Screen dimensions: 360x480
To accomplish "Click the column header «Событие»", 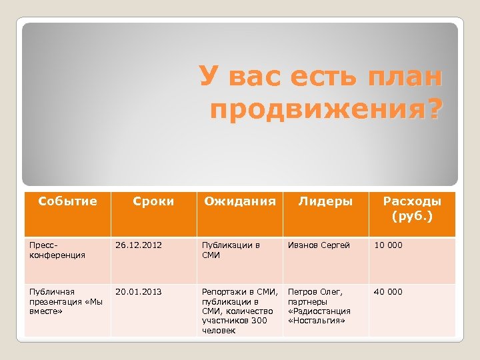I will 67,201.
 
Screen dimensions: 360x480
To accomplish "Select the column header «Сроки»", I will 153,201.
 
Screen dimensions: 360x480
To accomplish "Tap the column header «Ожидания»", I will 239,201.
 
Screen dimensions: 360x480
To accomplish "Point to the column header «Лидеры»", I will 325,201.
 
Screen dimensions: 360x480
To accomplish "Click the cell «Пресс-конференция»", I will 57,250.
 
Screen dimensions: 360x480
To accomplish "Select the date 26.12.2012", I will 138,245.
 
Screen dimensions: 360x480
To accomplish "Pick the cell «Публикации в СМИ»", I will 230,250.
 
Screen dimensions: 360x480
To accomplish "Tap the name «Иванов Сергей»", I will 319,245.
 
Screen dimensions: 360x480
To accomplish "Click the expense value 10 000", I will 388,245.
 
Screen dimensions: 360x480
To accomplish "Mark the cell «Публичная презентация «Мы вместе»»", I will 61,301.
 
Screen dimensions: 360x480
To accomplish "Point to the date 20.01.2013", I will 138,291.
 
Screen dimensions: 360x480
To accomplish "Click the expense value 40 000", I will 388,291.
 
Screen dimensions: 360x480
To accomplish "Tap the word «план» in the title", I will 403,79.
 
